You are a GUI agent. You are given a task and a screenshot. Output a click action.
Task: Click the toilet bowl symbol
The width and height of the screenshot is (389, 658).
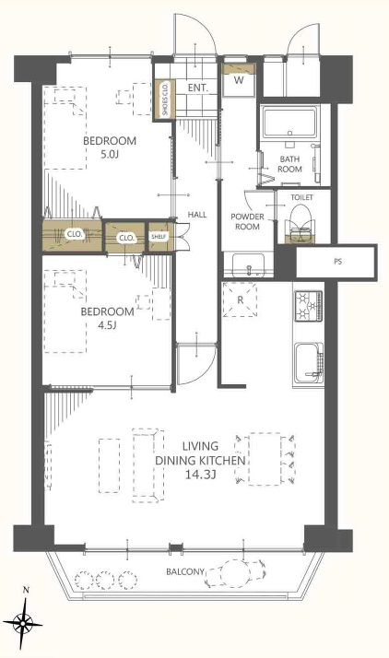(x=302, y=222)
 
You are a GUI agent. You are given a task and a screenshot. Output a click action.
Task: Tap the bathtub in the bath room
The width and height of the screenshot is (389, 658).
(x=289, y=122)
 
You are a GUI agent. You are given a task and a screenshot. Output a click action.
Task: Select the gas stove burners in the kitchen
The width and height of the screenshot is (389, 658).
(x=308, y=307)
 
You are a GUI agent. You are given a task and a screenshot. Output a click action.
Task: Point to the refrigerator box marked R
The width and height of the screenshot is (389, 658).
(x=240, y=300)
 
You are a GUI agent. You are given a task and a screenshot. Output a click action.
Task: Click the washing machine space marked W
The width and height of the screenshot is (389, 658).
(x=239, y=80)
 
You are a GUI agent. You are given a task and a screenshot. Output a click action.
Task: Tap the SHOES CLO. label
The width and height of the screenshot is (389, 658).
(x=165, y=99)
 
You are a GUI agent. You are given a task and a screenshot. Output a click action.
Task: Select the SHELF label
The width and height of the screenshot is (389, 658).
(x=159, y=237)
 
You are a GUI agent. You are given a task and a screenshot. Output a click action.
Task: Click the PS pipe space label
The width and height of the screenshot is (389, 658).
(x=337, y=262)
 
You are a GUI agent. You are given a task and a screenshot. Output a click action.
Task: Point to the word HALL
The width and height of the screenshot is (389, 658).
(x=197, y=215)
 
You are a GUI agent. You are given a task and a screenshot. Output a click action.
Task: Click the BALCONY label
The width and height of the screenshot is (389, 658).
(x=185, y=571)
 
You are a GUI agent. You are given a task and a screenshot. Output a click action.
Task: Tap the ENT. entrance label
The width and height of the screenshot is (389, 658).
(x=197, y=88)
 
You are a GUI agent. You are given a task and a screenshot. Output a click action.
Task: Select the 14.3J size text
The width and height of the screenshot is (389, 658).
(x=200, y=475)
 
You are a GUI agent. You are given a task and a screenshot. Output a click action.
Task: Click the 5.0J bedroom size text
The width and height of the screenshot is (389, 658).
(x=110, y=155)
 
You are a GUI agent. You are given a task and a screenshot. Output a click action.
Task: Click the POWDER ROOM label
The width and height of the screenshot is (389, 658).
(x=248, y=221)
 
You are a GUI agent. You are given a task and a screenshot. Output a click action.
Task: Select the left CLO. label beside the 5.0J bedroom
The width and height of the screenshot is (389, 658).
(x=75, y=235)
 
